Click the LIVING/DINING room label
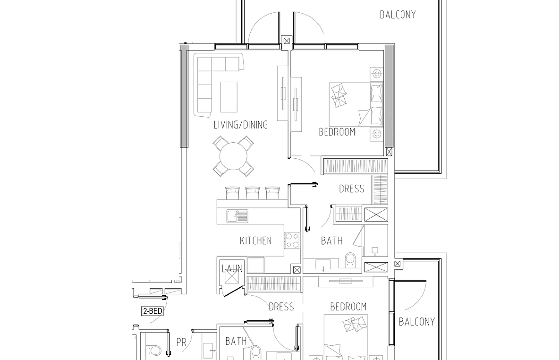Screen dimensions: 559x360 [241, 125]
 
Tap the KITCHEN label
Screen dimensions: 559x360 [255, 241]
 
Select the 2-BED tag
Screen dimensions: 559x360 [152, 311]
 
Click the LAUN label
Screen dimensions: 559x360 [232, 269]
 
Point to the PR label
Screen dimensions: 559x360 [181, 343]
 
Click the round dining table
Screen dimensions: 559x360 [234, 156]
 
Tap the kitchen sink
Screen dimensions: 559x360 [237, 216]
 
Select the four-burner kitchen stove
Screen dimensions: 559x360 [292, 240]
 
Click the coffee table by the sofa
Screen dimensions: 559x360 [229, 97]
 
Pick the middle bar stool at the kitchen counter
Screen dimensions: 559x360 [253, 193]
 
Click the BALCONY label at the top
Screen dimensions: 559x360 [398, 15]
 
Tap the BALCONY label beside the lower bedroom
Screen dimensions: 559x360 [417, 322]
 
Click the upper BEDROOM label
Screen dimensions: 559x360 [337, 132]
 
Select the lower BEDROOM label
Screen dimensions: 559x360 [348, 307]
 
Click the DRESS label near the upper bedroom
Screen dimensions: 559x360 [352, 189]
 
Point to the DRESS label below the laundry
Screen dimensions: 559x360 [281, 307]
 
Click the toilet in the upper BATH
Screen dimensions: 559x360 [350, 260]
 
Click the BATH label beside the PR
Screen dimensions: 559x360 [236, 342]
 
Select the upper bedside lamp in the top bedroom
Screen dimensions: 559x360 [376, 74]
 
